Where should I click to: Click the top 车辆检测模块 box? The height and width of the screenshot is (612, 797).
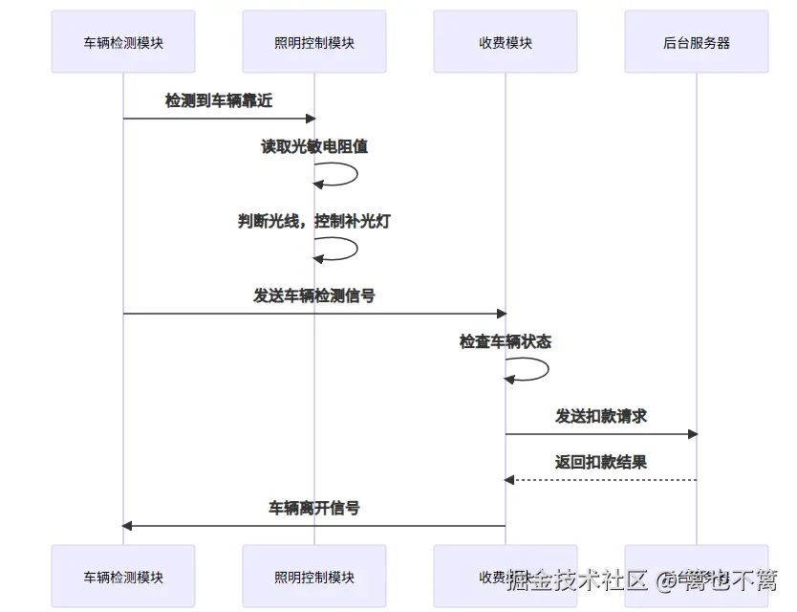pyautogui.click(x=123, y=42)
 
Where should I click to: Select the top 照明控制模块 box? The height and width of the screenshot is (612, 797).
pyautogui.click(x=314, y=42)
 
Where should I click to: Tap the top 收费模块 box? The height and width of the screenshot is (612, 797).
pyautogui.click(x=506, y=42)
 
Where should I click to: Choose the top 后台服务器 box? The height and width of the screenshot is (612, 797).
pyautogui.click(x=697, y=42)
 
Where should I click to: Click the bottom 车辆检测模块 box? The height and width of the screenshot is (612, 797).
pyautogui.click(x=123, y=577)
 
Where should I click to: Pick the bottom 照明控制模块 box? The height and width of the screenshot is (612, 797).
pyautogui.click(x=314, y=577)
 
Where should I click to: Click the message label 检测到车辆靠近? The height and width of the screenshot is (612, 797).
pyautogui.click(x=219, y=100)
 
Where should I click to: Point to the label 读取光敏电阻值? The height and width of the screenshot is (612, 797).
pyautogui.click(x=314, y=147)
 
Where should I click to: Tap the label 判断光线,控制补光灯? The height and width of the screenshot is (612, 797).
pyautogui.click(x=314, y=221)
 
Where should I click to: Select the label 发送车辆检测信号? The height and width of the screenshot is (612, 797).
pyautogui.click(x=314, y=295)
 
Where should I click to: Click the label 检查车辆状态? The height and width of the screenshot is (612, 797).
pyautogui.click(x=506, y=341)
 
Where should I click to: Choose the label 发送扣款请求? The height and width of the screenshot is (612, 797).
pyautogui.click(x=601, y=416)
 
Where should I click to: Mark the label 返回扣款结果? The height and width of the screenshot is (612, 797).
pyautogui.click(x=601, y=462)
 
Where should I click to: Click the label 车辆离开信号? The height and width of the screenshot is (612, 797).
pyautogui.click(x=314, y=508)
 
